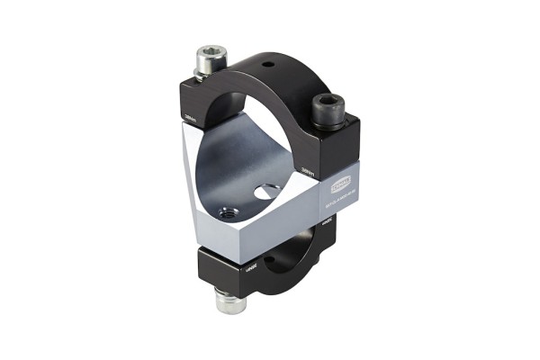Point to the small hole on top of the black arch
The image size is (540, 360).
coord(266,66)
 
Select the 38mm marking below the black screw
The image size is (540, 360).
coord(308,167)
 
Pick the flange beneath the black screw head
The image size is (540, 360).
coord(328,121)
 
